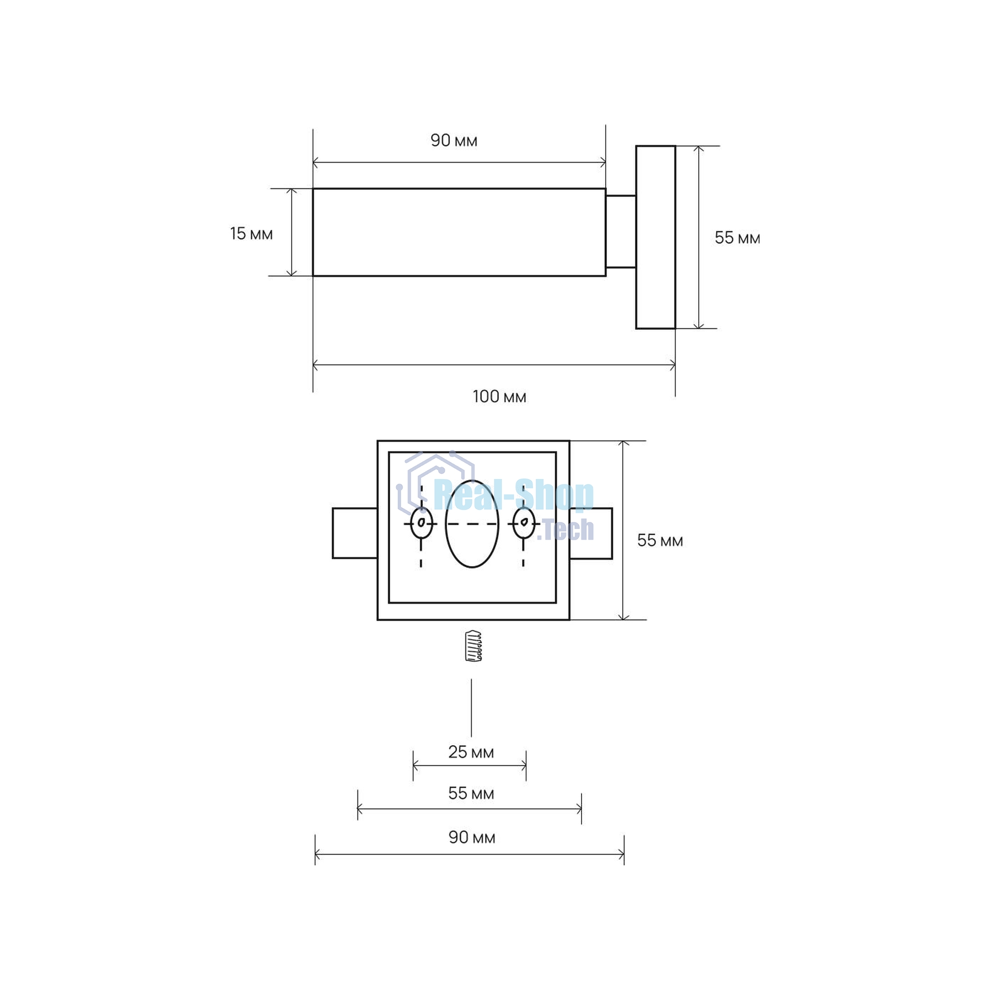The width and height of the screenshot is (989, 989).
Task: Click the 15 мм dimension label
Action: (x=251, y=234)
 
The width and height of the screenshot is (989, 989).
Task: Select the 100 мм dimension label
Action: (x=499, y=397)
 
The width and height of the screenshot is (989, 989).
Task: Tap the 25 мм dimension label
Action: (x=471, y=752)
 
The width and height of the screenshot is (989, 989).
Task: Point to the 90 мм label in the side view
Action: (x=454, y=140)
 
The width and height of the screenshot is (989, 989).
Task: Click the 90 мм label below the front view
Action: (x=472, y=838)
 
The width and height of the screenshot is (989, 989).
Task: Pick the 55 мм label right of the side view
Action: (x=738, y=237)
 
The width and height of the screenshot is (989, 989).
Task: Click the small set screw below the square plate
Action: (x=474, y=645)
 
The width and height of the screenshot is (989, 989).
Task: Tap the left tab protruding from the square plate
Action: (x=355, y=533)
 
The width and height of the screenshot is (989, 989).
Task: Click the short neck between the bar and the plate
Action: (x=621, y=231)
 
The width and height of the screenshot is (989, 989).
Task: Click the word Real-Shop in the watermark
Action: (x=513, y=495)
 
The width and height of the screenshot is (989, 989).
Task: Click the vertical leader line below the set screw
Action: (x=471, y=708)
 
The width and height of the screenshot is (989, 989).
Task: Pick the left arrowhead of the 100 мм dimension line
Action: (x=315, y=365)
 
